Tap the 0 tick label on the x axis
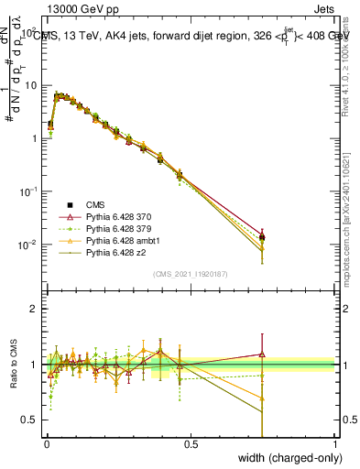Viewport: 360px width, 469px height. coord(46,443)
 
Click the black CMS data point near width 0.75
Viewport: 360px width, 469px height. coord(262,237)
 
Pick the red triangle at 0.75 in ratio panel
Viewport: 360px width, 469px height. coord(262,354)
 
